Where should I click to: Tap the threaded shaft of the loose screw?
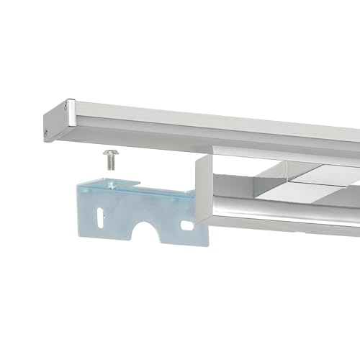coord(111,163)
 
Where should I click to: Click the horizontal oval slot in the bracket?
coord(187,225)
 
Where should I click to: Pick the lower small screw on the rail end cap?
coord(47,132)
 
